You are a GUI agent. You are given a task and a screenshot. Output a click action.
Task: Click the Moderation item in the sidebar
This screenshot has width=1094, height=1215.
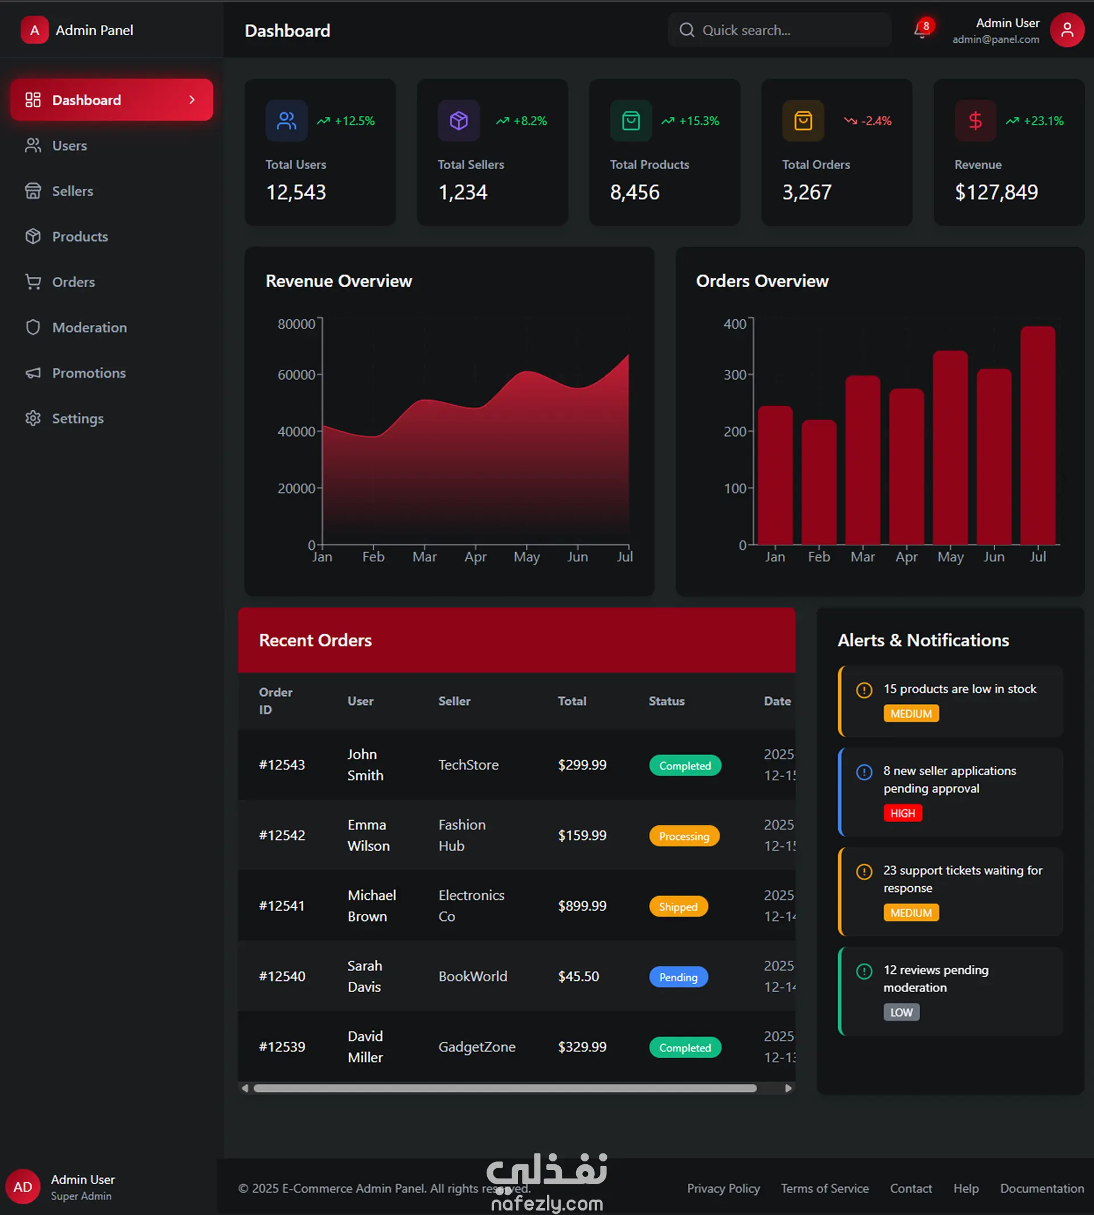(x=76, y=328)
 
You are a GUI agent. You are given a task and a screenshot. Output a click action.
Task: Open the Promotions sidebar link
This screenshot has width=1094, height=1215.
(x=75, y=373)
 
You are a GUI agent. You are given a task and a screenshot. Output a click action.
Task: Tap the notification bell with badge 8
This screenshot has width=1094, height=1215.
(x=921, y=30)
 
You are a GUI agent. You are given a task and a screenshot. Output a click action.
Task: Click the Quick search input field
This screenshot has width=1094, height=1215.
(x=779, y=30)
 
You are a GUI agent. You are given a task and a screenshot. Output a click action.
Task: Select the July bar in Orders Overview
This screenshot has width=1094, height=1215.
(x=1038, y=435)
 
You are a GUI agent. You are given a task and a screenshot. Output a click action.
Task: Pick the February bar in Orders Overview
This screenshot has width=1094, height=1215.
(x=819, y=482)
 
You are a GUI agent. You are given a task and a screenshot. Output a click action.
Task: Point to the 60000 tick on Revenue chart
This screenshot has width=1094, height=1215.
(x=296, y=374)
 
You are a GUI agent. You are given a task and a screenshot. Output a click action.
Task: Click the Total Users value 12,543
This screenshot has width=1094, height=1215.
(x=296, y=193)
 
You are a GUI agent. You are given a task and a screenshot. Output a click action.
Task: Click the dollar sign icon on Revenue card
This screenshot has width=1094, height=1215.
(x=975, y=121)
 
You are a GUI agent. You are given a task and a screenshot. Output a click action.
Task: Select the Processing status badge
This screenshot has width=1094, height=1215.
(x=684, y=836)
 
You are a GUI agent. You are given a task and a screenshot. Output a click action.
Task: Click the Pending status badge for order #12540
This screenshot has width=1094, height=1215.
(x=678, y=977)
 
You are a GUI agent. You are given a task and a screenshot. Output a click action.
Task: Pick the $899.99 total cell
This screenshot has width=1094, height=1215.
(x=582, y=906)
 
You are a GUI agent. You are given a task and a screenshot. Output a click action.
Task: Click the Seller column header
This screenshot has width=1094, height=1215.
(x=455, y=701)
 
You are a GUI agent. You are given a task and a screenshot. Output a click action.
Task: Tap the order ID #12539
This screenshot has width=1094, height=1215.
(x=282, y=1047)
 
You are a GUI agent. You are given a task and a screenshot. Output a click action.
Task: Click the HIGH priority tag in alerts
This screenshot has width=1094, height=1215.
(x=902, y=813)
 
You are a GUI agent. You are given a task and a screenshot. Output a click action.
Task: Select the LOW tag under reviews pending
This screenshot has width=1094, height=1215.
(x=901, y=1012)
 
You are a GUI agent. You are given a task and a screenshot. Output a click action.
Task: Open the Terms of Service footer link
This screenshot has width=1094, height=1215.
(x=824, y=1189)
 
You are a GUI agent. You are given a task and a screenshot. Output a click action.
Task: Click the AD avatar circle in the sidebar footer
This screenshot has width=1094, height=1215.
(x=23, y=1187)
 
